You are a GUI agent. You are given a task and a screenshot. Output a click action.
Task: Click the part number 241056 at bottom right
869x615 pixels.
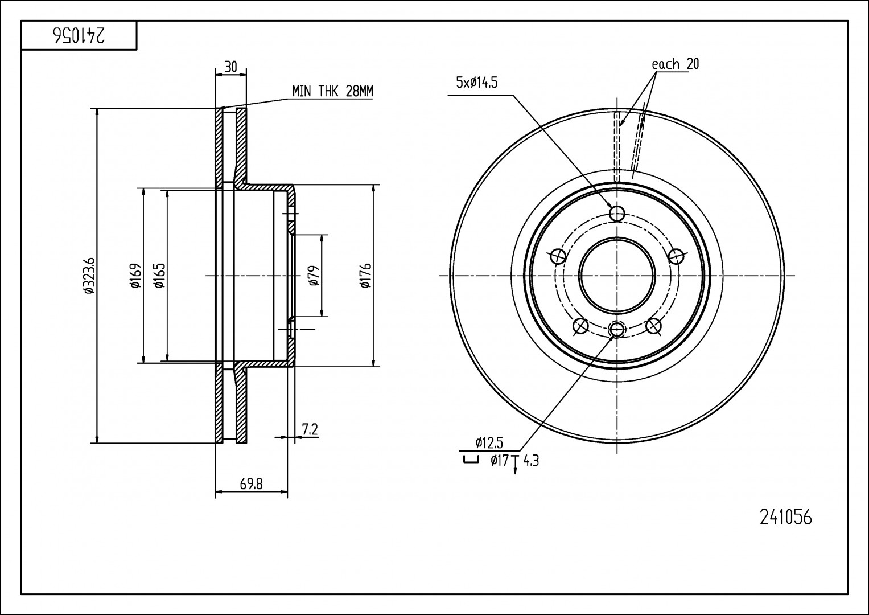tap(786, 517)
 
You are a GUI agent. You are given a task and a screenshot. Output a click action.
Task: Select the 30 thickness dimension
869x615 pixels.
tap(230, 67)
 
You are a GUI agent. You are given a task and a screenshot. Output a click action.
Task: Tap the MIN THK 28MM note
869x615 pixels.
tap(332, 91)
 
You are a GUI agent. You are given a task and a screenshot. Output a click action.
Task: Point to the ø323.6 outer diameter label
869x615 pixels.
tap(89, 275)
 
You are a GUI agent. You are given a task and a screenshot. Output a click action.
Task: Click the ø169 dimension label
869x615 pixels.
tap(135, 275)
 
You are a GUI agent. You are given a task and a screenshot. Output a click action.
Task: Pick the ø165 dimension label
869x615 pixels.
tap(159, 275)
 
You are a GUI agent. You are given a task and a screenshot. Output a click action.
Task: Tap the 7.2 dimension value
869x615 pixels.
tap(310, 429)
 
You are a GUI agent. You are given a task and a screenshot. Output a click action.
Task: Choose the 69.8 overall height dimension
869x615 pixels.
tap(251, 484)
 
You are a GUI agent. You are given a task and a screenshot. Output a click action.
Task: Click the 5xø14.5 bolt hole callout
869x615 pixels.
tap(477, 83)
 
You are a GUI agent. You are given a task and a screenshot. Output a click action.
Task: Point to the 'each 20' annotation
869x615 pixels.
tap(675, 64)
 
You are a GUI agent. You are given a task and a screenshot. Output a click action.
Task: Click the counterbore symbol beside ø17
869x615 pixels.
tap(470, 460)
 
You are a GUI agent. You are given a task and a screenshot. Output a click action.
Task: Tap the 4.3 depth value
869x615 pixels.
tap(530, 460)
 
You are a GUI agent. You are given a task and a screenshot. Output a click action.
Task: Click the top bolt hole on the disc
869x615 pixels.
tap(617, 214)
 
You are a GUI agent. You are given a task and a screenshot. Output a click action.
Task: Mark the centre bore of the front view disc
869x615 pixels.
tap(617, 276)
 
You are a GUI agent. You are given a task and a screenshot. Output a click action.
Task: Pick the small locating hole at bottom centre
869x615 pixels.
tap(617, 329)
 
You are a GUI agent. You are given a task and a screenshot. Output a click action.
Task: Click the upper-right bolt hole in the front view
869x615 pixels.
tap(676, 256)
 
